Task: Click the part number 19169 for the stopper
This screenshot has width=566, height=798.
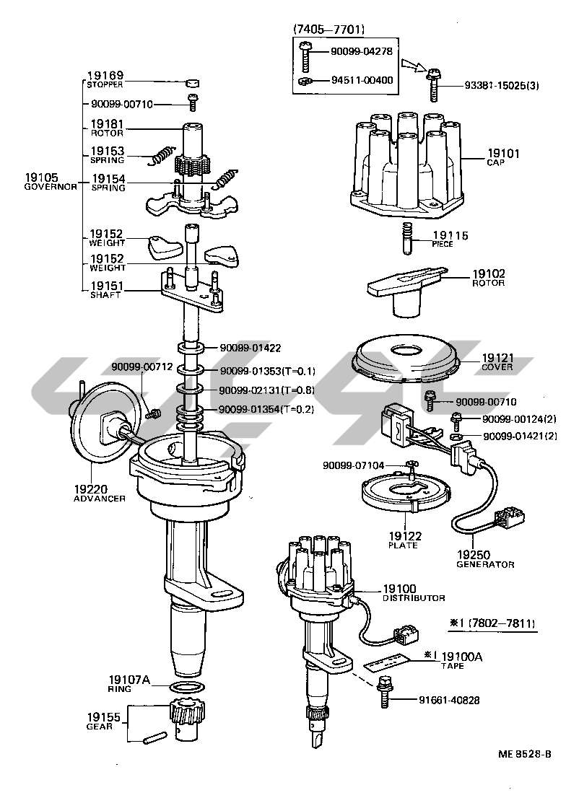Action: click(105, 75)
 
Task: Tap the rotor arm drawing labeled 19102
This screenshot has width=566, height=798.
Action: click(404, 289)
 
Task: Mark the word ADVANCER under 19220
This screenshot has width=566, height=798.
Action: click(99, 498)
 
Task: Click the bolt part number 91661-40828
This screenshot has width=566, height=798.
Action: click(449, 700)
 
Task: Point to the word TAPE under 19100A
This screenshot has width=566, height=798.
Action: click(453, 666)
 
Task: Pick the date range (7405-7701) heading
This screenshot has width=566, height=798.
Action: click(328, 30)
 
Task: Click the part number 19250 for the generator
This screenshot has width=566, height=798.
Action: click(474, 555)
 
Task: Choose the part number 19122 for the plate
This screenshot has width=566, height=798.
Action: click(404, 536)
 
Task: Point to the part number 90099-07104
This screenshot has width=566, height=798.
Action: click(354, 465)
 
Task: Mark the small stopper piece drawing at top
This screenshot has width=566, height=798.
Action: click(192, 83)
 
